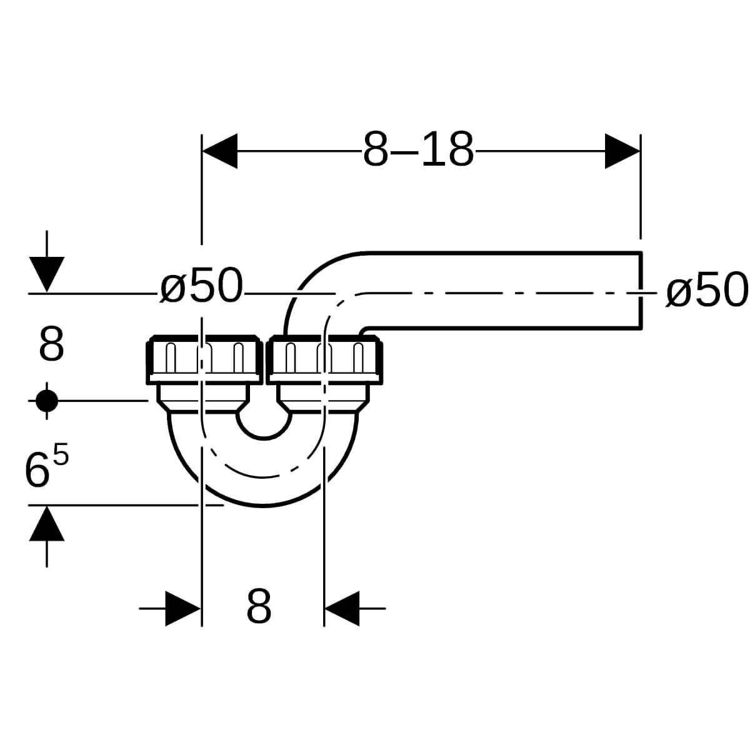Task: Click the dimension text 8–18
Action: click(x=418, y=149)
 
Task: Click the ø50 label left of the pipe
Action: click(x=202, y=286)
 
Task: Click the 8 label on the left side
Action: click(x=51, y=344)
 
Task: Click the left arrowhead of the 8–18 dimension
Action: click(x=220, y=151)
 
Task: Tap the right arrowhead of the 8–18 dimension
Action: click(x=622, y=151)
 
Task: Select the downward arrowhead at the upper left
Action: click(x=47, y=274)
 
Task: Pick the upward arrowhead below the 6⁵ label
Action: click(x=47, y=524)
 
